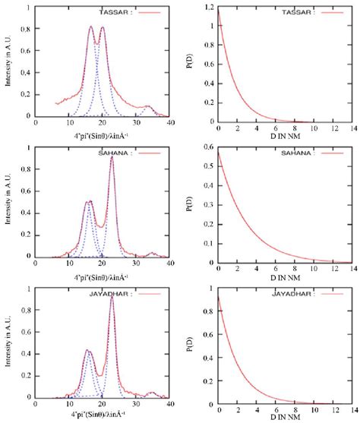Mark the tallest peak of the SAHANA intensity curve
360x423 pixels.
(112, 157)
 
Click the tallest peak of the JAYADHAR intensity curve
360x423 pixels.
(112, 297)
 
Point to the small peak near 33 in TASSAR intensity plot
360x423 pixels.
(147, 106)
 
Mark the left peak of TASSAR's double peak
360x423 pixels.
(91, 27)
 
